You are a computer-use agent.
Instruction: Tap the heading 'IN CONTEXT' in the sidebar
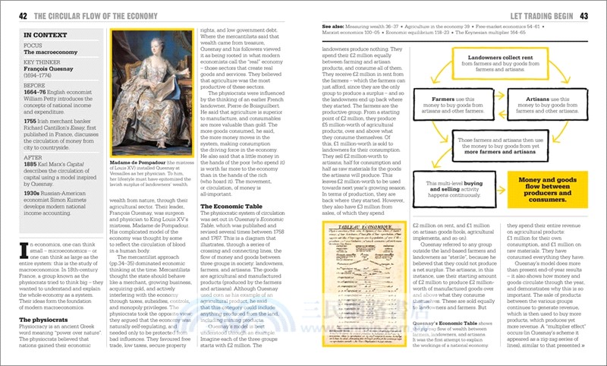coord(43,35)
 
